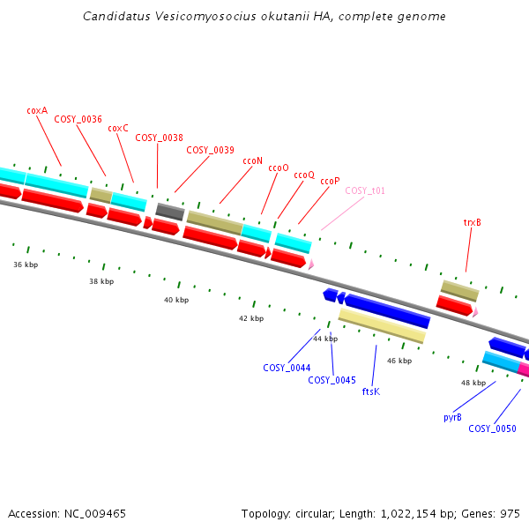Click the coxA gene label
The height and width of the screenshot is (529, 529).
click(37, 111)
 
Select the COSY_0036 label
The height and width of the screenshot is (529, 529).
click(78, 119)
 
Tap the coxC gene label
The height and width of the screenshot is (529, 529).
click(118, 129)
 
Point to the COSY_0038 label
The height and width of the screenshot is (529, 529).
click(159, 138)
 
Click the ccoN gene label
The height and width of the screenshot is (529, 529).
click(252, 161)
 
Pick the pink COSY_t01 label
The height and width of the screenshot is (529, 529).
click(365, 191)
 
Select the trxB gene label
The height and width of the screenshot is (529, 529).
click(472, 223)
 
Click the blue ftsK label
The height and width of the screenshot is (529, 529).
click(371, 391)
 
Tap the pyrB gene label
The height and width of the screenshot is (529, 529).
click(452, 418)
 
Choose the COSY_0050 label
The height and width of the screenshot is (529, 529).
click(492, 428)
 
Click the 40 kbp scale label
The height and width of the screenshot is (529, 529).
click(176, 300)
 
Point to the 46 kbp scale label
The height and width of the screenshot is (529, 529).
click(399, 361)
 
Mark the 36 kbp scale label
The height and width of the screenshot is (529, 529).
click(26, 264)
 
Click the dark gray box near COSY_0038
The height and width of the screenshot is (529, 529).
click(170, 212)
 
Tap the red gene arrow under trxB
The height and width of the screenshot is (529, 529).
click(454, 306)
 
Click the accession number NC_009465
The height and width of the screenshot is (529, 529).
click(95, 514)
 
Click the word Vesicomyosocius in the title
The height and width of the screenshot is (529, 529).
click(205, 17)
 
